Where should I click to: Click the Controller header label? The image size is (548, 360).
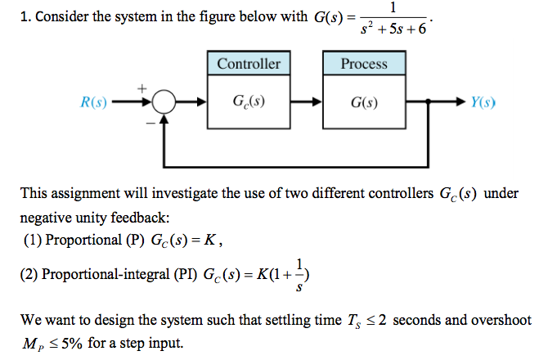pos(249,64)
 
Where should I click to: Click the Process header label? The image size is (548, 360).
pos(364,64)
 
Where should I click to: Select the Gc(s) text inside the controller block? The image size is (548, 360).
pos(249,104)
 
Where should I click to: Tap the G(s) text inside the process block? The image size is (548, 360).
pos(364,104)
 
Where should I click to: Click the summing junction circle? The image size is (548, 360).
pos(164,104)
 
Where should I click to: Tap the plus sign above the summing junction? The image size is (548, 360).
pos(141,85)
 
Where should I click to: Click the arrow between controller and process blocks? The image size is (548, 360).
pos(308,104)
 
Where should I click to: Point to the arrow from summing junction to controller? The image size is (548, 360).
pos(192,104)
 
